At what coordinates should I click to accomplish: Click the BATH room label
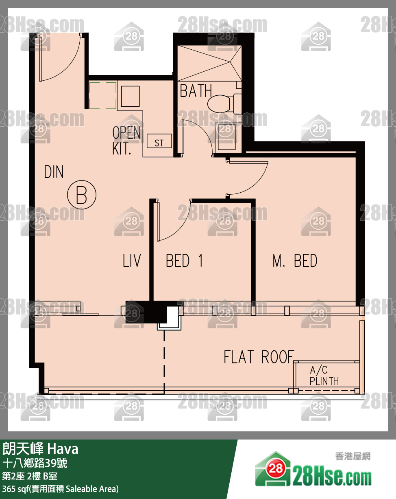click(x=196, y=91)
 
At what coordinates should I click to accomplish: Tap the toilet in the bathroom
click(x=224, y=103)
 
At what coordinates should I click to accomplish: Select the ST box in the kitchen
click(x=159, y=141)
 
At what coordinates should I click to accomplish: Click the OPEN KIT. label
click(x=126, y=140)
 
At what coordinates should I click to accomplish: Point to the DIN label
click(x=54, y=172)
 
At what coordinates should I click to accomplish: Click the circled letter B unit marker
click(x=82, y=195)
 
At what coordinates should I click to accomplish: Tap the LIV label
click(x=132, y=260)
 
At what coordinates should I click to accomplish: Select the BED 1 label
click(x=185, y=261)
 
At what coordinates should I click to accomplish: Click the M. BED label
click(x=295, y=261)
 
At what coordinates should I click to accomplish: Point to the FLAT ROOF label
click(x=259, y=357)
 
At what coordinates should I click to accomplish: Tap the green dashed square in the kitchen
click(x=102, y=95)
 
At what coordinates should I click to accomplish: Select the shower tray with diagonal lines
click(x=209, y=63)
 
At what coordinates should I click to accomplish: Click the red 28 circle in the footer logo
click(x=276, y=468)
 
